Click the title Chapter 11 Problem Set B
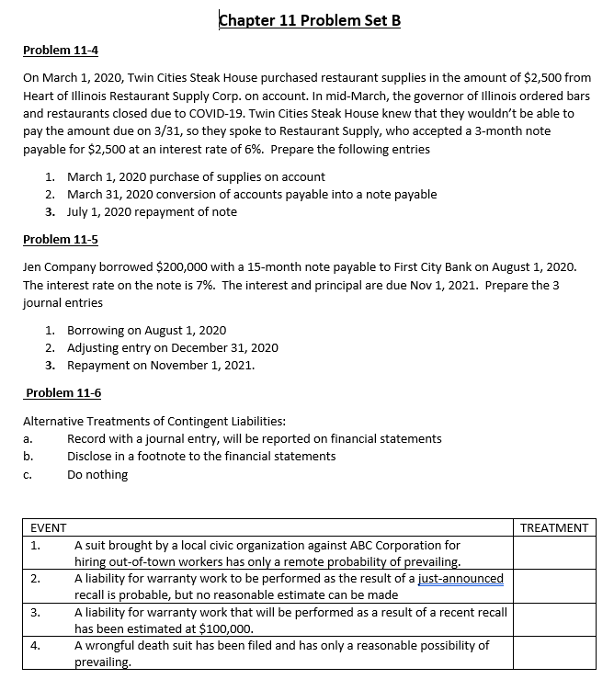click(311, 20)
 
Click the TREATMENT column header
click(553, 527)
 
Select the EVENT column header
click(48, 527)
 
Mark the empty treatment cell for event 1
click(553, 554)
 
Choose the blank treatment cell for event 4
click(553, 654)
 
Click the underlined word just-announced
click(460, 578)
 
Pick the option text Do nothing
click(97, 475)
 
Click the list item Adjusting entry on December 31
click(173, 347)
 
